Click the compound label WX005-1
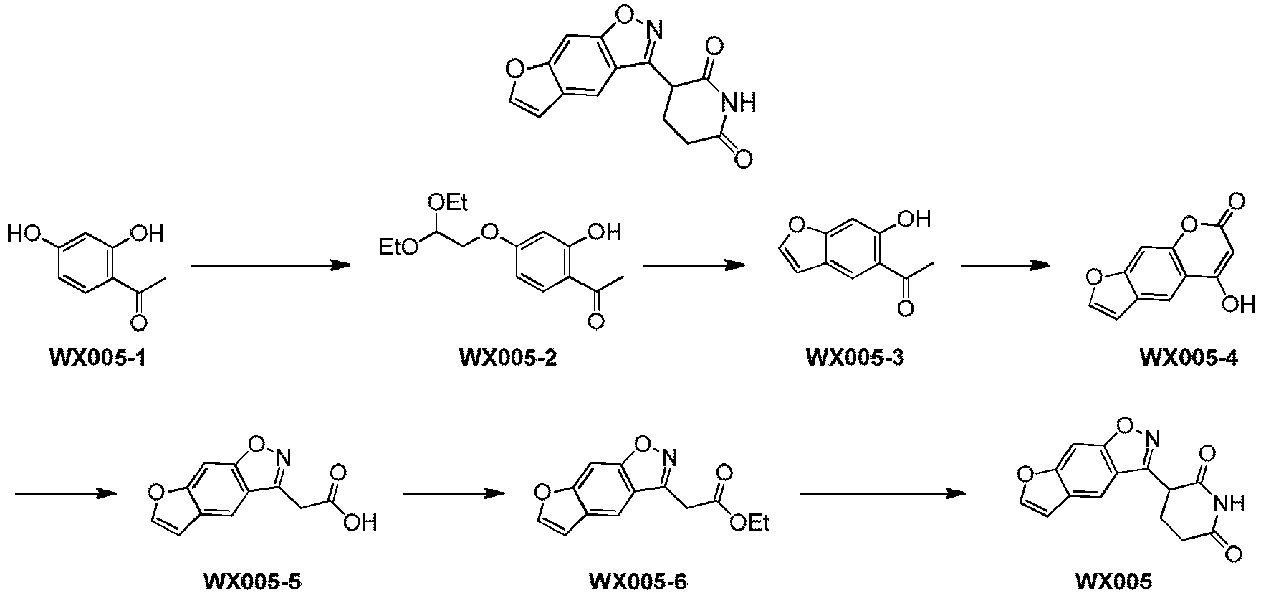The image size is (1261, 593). coord(97,356)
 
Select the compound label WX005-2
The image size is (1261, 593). coord(508,356)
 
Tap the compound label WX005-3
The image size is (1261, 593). coord(855,356)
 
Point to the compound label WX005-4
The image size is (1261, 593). coord(1189,358)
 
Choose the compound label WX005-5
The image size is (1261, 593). coord(253,580)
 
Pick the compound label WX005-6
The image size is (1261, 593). coord(637,580)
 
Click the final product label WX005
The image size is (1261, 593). coord(1114,580)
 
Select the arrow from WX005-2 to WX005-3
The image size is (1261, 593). coord(694,266)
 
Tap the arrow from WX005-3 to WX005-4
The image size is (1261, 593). coord(1006,266)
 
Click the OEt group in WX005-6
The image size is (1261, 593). coord(749,523)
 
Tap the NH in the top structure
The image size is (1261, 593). coord(739,105)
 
